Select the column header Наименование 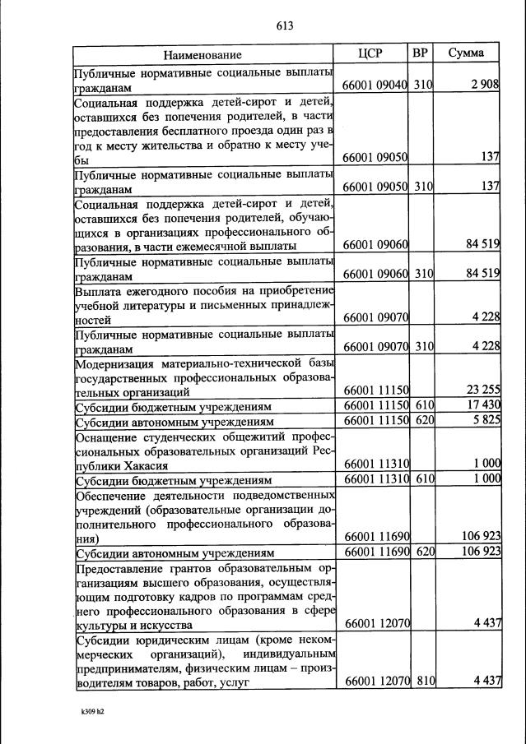[202, 55]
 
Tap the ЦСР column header [375, 54]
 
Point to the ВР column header [421, 54]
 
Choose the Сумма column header [466, 54]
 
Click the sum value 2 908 [485, 85]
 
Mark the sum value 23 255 [482, 390]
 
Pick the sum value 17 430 [482, 406]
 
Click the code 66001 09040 [375, 85]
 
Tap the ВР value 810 [424, 681]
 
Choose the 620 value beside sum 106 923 [424, 552]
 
